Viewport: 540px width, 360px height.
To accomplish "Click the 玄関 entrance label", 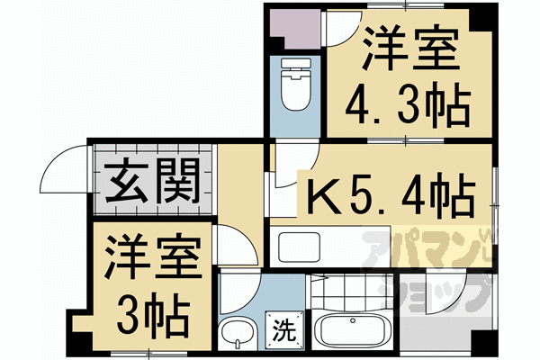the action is pyautogui.click(x=152, y=182).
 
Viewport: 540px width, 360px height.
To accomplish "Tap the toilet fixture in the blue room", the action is pyautogui.click(x=296, y=84).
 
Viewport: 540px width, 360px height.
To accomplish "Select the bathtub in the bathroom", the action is pyautogui.click(x=352, y=331).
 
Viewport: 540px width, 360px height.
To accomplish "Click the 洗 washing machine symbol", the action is pyautogui.click(x=284, y=330).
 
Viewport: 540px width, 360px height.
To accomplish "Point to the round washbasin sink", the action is pyautogui.click(x=238, y=334).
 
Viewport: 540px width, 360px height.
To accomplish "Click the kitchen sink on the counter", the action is pyautogui.click(x=300, y=247).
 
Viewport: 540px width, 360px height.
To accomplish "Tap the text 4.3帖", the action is pyautogui.click(x=408, y=104).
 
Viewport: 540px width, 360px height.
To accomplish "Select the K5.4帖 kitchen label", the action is pyautogui.click(x=391, y=195).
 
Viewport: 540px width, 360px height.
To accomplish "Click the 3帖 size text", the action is pyautogui.click(x=153, y=315).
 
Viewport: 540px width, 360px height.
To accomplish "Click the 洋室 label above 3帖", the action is pyautogui.click(x=153, y=256).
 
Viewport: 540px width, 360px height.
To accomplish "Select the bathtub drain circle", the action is pyautogui.click(x=353, y=320).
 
